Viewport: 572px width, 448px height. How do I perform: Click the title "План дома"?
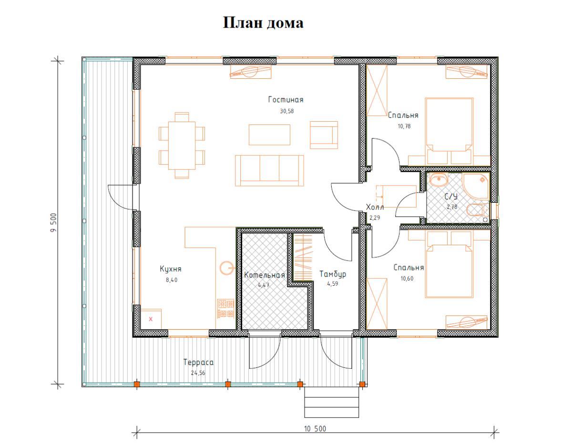(x=263, y=22)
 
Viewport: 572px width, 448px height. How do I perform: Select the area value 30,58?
(x=286, y=111)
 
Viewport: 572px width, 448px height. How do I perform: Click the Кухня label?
(x=171, y=269)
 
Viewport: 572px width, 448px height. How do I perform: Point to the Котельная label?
(x=264, y=275)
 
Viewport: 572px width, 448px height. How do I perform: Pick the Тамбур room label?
(x=333, y=274)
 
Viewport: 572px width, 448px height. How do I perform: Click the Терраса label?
(x=198, y=363)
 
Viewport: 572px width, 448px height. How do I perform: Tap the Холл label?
(x=375, y=207)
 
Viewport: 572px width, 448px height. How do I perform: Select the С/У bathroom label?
(x=451, y=196)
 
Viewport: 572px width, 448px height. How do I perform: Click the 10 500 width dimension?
(x=315, y=429)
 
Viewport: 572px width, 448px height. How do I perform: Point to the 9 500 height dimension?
(x=53, y=222)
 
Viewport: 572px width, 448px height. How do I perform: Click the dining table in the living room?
(x=182, y=146)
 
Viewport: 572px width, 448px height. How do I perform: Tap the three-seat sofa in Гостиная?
(x=269, y=171)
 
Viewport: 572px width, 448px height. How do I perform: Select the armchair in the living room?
(x=324, y=135)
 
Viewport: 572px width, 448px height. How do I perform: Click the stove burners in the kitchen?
(x=225, y=309)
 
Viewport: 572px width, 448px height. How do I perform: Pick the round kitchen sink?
(x=226, y=268)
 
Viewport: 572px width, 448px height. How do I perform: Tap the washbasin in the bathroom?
(x=439, y=179)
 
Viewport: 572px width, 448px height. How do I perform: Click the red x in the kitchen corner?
(x=151, y=319)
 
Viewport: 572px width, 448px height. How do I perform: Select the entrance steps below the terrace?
(x=332, y=402)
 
